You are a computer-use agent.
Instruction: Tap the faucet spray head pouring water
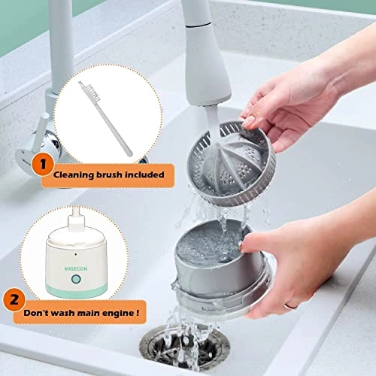[x=208, y=90]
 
